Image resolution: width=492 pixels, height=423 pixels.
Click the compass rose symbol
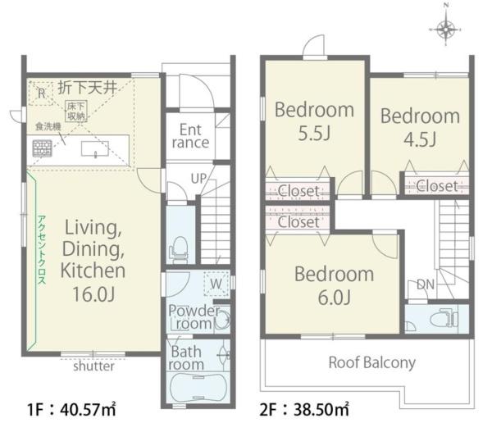tap(446, 29)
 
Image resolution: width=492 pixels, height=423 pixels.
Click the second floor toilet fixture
tap(444, 319)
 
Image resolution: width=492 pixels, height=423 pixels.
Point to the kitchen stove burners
tap(43, 148)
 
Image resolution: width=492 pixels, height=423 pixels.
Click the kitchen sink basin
tap(95, 148)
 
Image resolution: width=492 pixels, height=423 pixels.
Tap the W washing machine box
tap(216, 284)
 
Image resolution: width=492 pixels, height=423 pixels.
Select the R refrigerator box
tap(41, 93)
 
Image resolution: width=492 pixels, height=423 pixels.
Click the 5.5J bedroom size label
tap(314, 134)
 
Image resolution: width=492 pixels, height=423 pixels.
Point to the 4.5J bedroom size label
tap(420, 139)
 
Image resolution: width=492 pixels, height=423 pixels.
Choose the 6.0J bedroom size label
tap(334, 298)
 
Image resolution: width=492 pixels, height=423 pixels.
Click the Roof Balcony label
tap(371, 363)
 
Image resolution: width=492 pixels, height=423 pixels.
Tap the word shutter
tap(93, 366)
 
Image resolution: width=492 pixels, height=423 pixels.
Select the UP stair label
tap(198, 179)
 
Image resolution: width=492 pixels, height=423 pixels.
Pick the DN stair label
tap(426, 284)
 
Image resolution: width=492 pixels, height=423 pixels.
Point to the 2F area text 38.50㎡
tap(321, 410)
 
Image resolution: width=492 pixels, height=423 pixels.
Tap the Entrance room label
tap(190, 136)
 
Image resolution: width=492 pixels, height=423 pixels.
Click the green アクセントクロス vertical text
tap(42, 250)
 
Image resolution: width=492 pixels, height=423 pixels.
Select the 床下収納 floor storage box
tap(76, 111)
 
